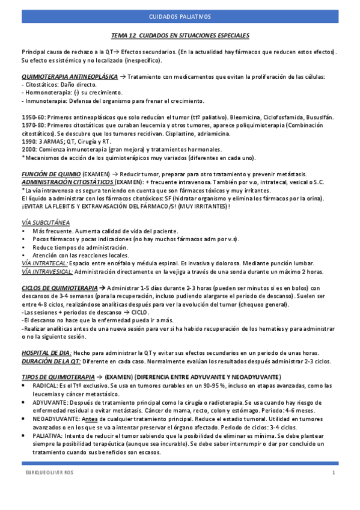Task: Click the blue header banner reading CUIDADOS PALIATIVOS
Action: click(x=180, y=17)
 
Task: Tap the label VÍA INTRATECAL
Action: click(x=44, y=263)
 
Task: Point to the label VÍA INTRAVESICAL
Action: click(x=46, y=271)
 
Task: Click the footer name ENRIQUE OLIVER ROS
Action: click(x=47, y=473)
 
